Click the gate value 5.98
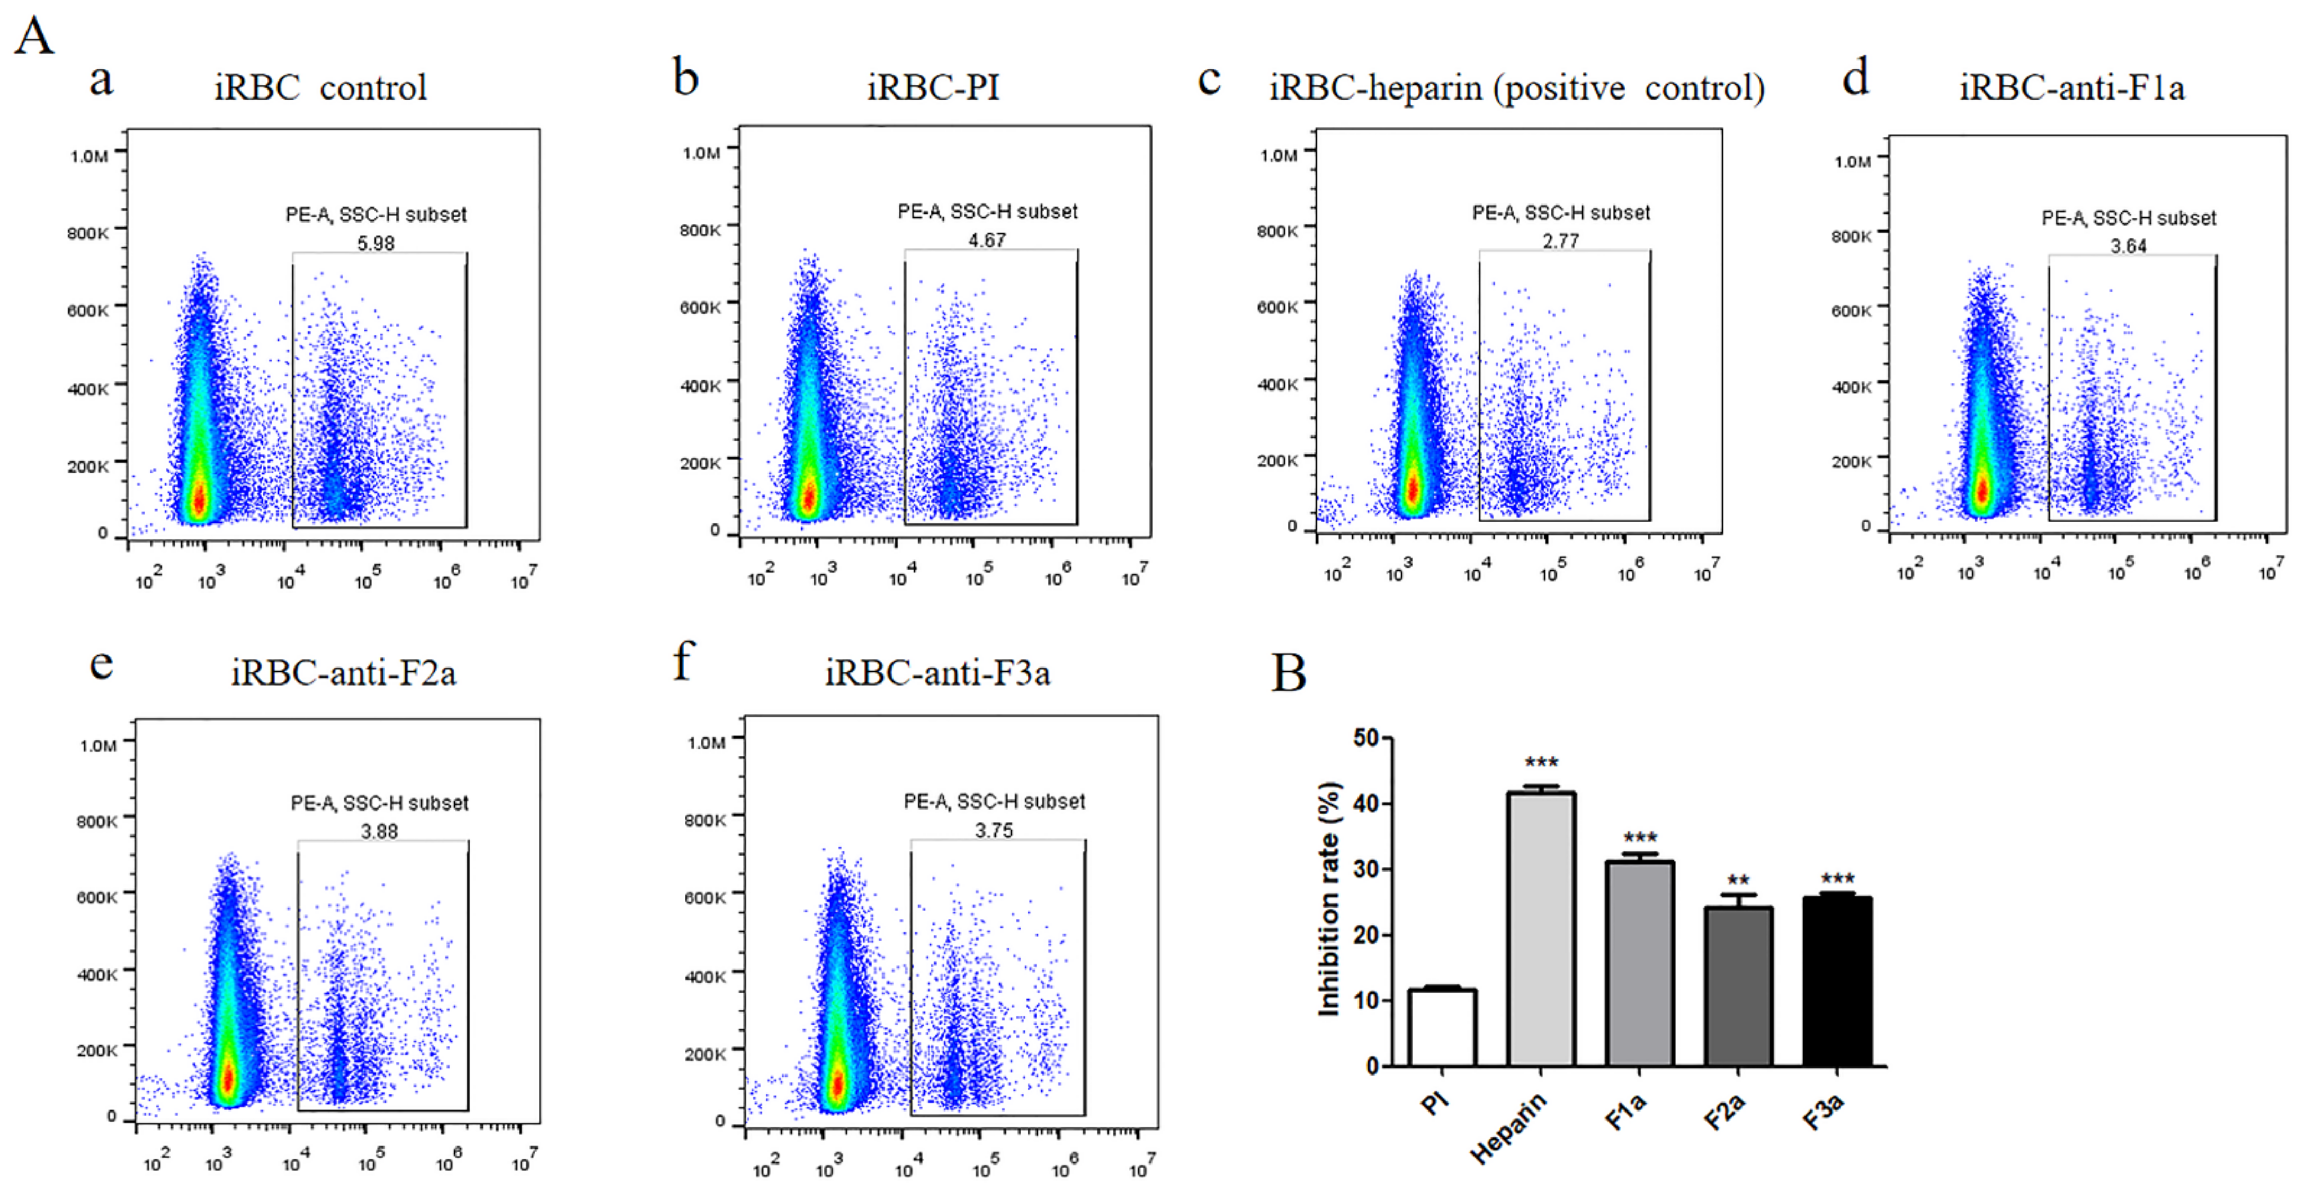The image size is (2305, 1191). click(376, 243)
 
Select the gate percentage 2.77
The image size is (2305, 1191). click(1560, 241)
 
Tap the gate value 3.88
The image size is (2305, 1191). click(379, 831)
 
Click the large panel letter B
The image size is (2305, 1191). click(1289, 674)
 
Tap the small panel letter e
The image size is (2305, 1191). click(101, 664)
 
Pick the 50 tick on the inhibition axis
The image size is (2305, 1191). click(1366, 737)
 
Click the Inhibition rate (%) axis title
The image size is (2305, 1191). click(1330, 899)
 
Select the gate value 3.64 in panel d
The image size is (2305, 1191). click(2128, 246)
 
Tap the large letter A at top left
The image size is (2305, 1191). click(34, 37)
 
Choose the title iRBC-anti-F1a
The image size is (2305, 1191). click(2071, 88)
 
